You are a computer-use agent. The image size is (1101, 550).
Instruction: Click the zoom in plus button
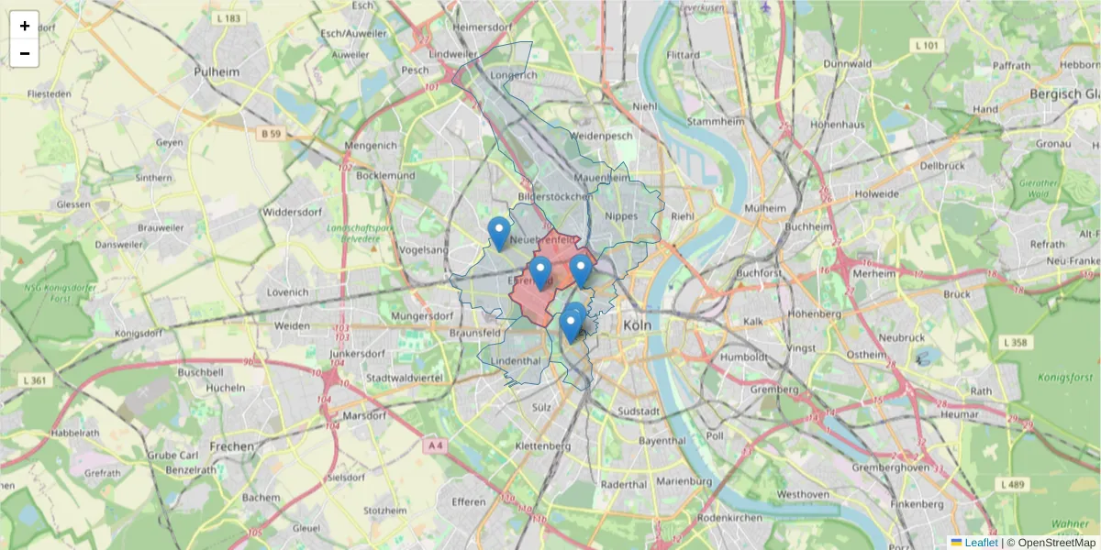point(24,26)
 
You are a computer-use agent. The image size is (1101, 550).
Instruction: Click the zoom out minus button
point(24,53)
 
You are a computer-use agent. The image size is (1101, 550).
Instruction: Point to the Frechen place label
point(232,446)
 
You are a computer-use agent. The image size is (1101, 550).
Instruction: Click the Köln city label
point(636,326)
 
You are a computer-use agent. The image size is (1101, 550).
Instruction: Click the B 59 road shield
point(269,134)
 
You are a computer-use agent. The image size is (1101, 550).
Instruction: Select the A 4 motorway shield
point(435,445)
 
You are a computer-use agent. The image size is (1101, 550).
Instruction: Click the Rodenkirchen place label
point(729,518)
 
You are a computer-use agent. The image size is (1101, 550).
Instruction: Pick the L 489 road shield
point(1013,483)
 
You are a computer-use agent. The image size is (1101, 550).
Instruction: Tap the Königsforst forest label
point(1065,377)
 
